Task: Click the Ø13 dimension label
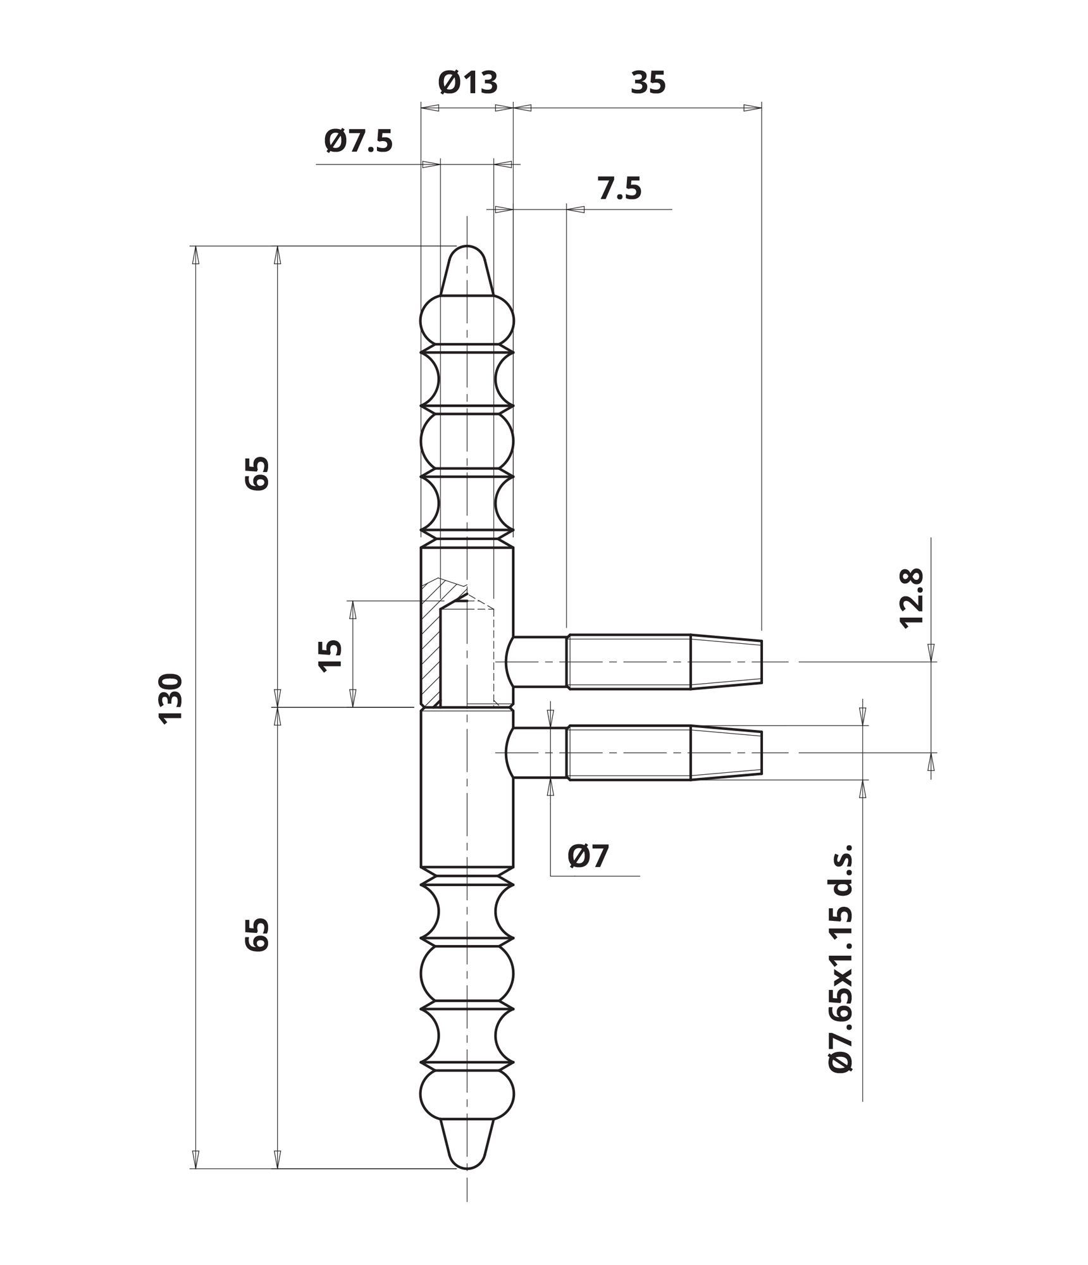[468, 82]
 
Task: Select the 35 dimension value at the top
[648, 83]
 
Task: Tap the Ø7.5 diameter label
[359, 140]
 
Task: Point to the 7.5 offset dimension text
[619, 188]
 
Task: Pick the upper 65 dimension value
[257, 473]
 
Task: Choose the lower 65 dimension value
[257, 935]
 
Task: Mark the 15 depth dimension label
[330, 656]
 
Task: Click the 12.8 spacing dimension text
[912, 598]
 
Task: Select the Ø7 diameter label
[588, 856]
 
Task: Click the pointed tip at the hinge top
[467, 245]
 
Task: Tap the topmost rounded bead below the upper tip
[467, 320]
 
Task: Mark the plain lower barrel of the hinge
[467, 787]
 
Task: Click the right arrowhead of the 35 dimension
[753, 108]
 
